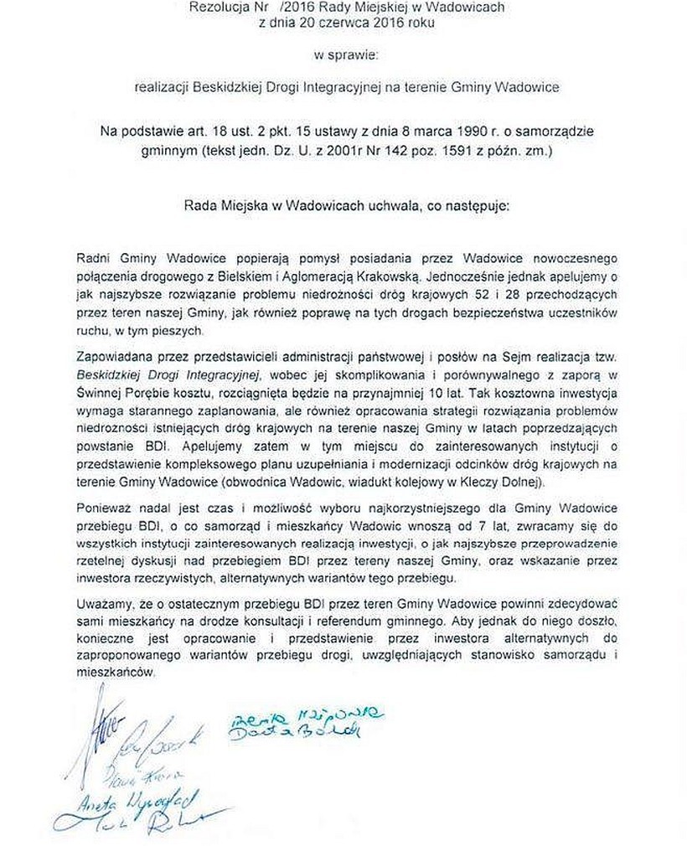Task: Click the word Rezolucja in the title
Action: (x=220, y=8)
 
